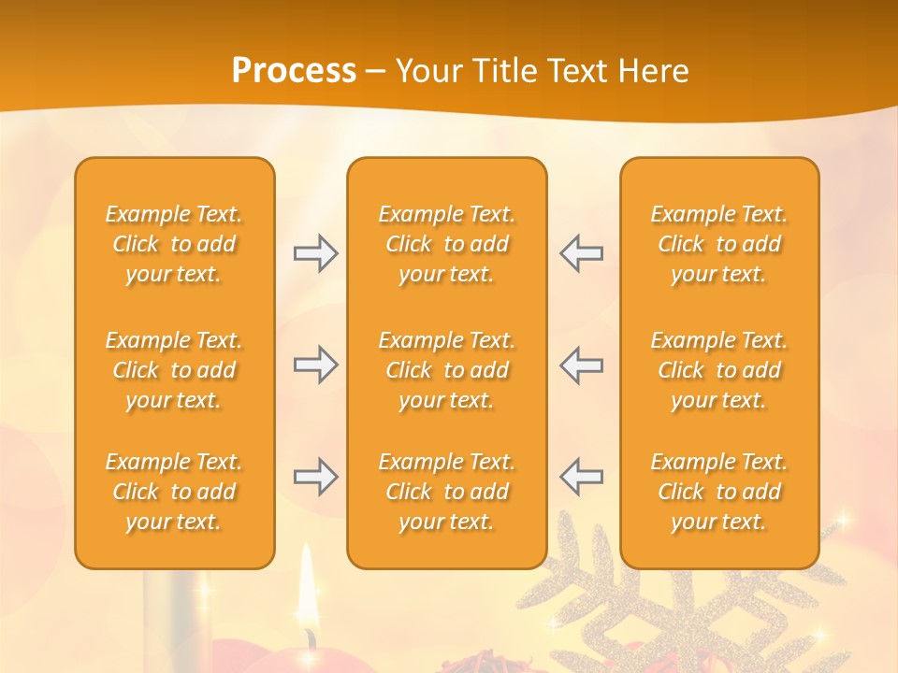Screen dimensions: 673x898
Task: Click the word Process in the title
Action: pyautogui.click(x=294, y=71)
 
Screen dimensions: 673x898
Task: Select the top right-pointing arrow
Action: pyautogui.click(x=315, y=253)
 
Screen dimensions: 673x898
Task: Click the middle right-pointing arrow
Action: pyautogui.click(x=315, y=365)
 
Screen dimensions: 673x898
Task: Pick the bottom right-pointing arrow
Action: pyautogui.click(x=315, y=477)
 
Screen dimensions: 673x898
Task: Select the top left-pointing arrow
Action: pyautogui.click(x=582, y=253)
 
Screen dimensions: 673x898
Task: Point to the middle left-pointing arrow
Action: pyautogui.click(x=582, y=365)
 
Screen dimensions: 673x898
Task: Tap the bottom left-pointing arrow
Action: pyautogui.click(x=582, y=477)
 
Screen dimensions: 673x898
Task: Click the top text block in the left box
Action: pyautogui.click(x=174, y=244)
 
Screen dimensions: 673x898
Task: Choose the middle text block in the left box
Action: pyautogui.click(x=174, y=370)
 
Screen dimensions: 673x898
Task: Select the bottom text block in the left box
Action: pyautogui.click(x=174, y=492)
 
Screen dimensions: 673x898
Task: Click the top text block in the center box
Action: pyautogui.click(x=446, y=244)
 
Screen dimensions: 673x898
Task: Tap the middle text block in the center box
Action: pyautogui.click(x=446, y=370)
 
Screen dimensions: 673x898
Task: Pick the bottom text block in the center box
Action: pyautogui.click(x=446, y=492)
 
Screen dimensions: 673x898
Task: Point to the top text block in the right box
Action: pyautogui.click(x=718, y=244)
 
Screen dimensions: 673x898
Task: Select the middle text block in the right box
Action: pyautogui.click(x=718, y=370)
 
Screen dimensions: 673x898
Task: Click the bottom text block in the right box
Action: pyautogui.click(x=718, y=492)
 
